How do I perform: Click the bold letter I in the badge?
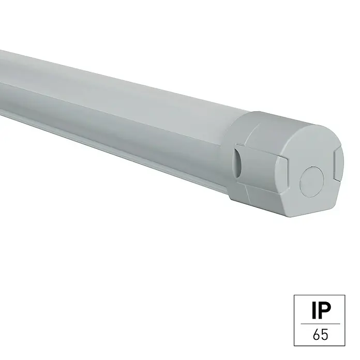pyautogui.click(x=314, y=310)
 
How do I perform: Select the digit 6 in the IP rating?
pyautogui.click(x=317, y=335)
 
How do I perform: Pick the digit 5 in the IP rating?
pyautogui.click(x=325, y=335)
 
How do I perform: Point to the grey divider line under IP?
pyautogui.click(x=320, y=324)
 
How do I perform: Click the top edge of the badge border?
pyautogui.click(x=319, y=295)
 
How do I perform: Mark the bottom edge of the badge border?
pyautogui.click(x=319, y=346)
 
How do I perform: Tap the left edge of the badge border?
pyautogui.click(x=294, y=320)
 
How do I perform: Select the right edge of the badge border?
pyautogui.click(x=345, y=320)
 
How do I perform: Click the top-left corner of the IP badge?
pyautogui.click(x=294, y=295)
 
